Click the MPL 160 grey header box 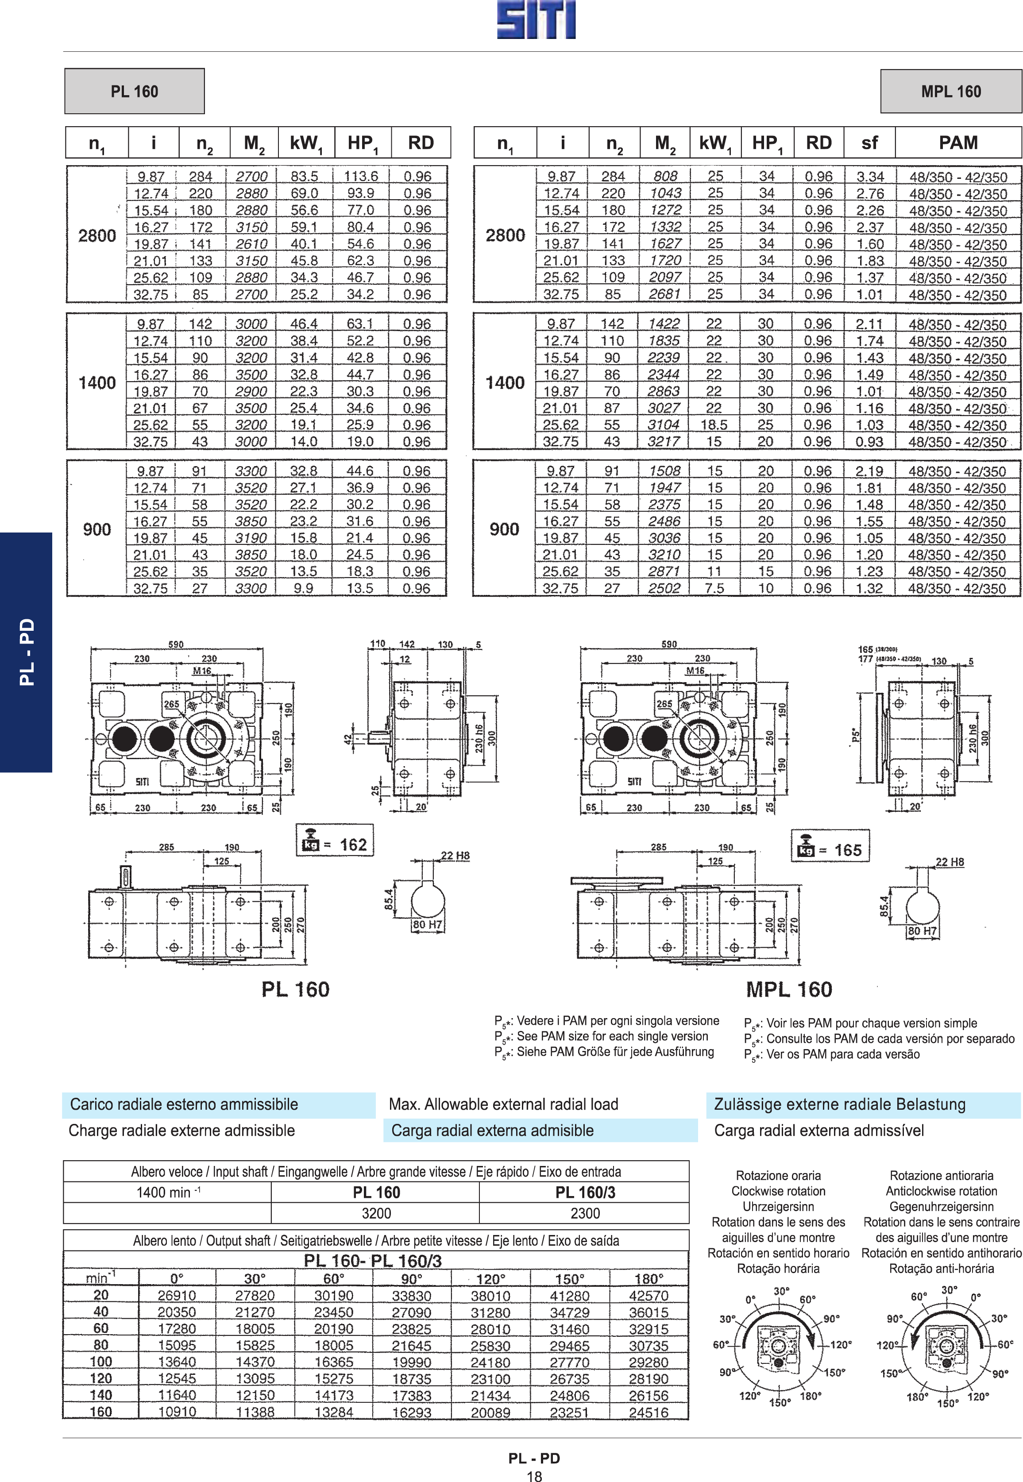951,91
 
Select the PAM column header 958,142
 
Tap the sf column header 870,142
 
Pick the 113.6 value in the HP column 361,176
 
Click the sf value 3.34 870,176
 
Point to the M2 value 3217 664,442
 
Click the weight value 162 353,845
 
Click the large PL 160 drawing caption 296,989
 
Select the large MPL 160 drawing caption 789,989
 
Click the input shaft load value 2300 585,1213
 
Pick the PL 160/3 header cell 585,1192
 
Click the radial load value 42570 649,1296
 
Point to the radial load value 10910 177,1412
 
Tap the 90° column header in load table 412,1279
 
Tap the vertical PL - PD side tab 26,652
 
